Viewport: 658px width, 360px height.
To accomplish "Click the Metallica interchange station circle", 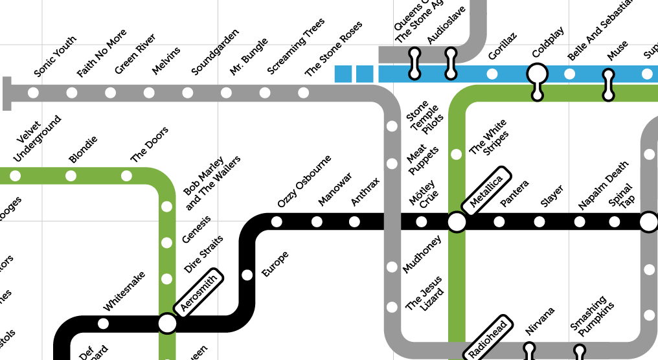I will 457,223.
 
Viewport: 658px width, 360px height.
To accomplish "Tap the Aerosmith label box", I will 199,291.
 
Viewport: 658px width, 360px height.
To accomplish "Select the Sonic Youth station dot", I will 34,93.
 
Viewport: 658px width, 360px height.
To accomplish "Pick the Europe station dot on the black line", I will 247,275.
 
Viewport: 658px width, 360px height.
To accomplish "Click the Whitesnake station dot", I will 103,323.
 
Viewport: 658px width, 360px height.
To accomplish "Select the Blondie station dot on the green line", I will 71,175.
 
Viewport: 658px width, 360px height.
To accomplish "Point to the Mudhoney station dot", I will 392,267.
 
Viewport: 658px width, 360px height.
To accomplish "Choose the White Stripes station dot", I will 457,154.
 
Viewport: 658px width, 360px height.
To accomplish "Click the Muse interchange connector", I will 608,85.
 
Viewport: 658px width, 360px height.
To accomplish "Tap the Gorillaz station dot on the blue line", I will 492,74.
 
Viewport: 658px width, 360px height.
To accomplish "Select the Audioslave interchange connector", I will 451,65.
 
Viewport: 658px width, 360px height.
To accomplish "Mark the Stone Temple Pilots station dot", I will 392,127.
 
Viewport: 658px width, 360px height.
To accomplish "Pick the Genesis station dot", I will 167,243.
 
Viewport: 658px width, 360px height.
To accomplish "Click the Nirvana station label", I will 539,322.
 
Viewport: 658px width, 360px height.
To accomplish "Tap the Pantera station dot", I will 499,223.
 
